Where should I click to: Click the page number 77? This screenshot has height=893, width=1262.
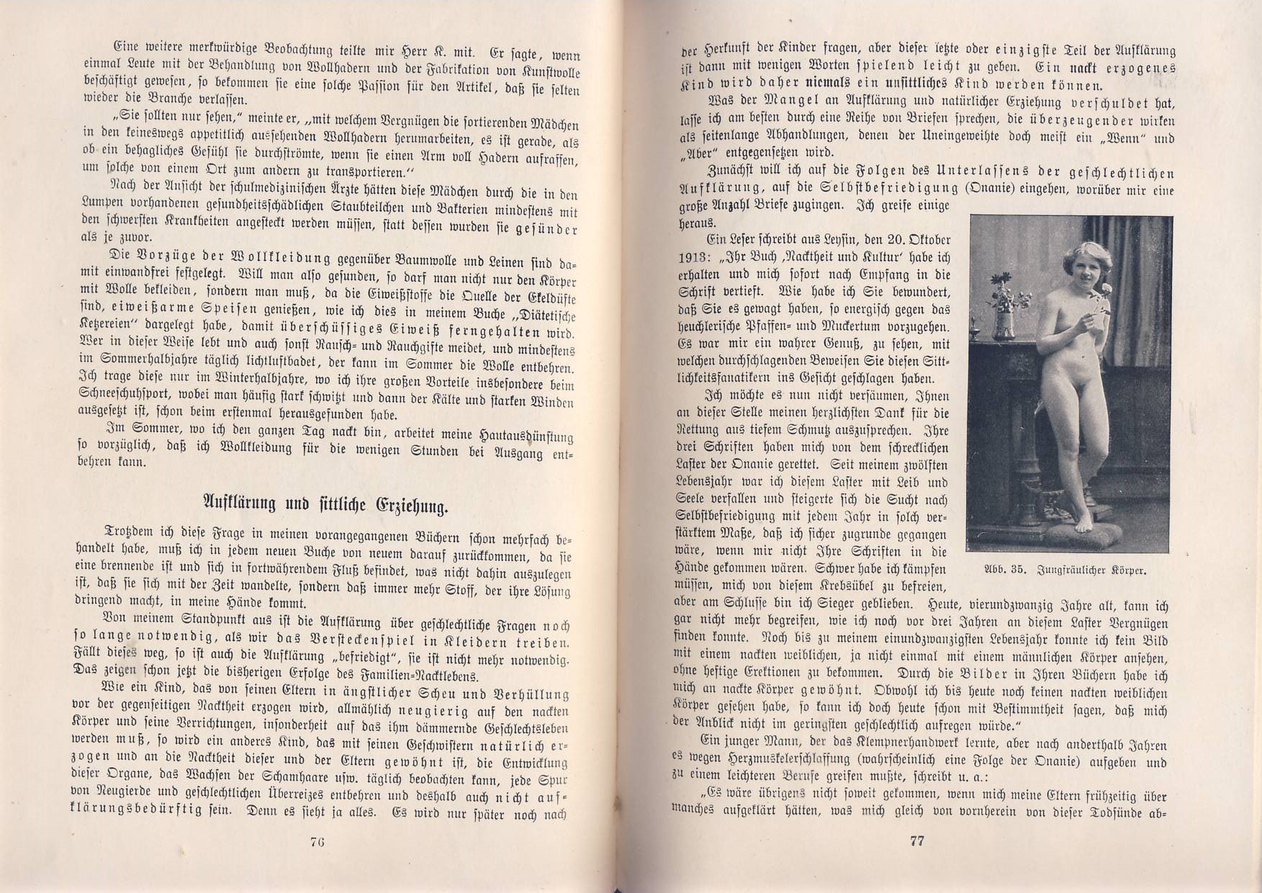click(x=916, y=841)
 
